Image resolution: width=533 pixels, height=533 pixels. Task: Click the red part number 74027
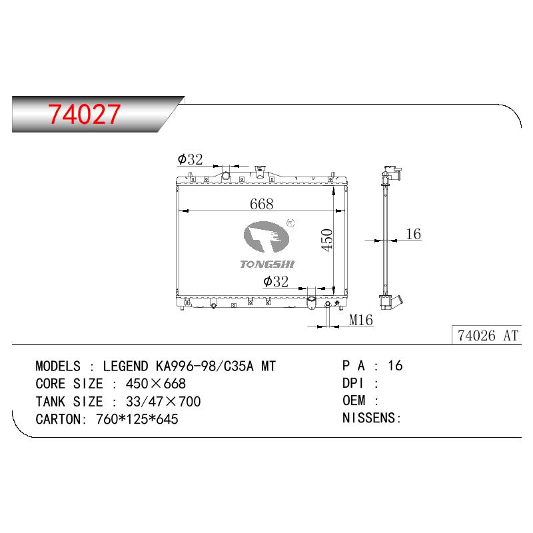(84, 114)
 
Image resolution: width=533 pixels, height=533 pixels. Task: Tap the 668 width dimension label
(261, 204)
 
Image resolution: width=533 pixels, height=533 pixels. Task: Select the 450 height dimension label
(326, 240)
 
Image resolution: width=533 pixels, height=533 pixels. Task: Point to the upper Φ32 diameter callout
(190, 159)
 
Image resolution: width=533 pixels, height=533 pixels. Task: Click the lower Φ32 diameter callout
(276, 281)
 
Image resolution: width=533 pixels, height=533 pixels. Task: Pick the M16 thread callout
(361, 320)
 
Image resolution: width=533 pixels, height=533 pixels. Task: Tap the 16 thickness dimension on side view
(413, 234)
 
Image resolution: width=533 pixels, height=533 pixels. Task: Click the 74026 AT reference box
(487, 336)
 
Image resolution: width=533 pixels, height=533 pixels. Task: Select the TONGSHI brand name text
(267, 264)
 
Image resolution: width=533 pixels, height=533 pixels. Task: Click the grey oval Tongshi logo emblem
(266, 237)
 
